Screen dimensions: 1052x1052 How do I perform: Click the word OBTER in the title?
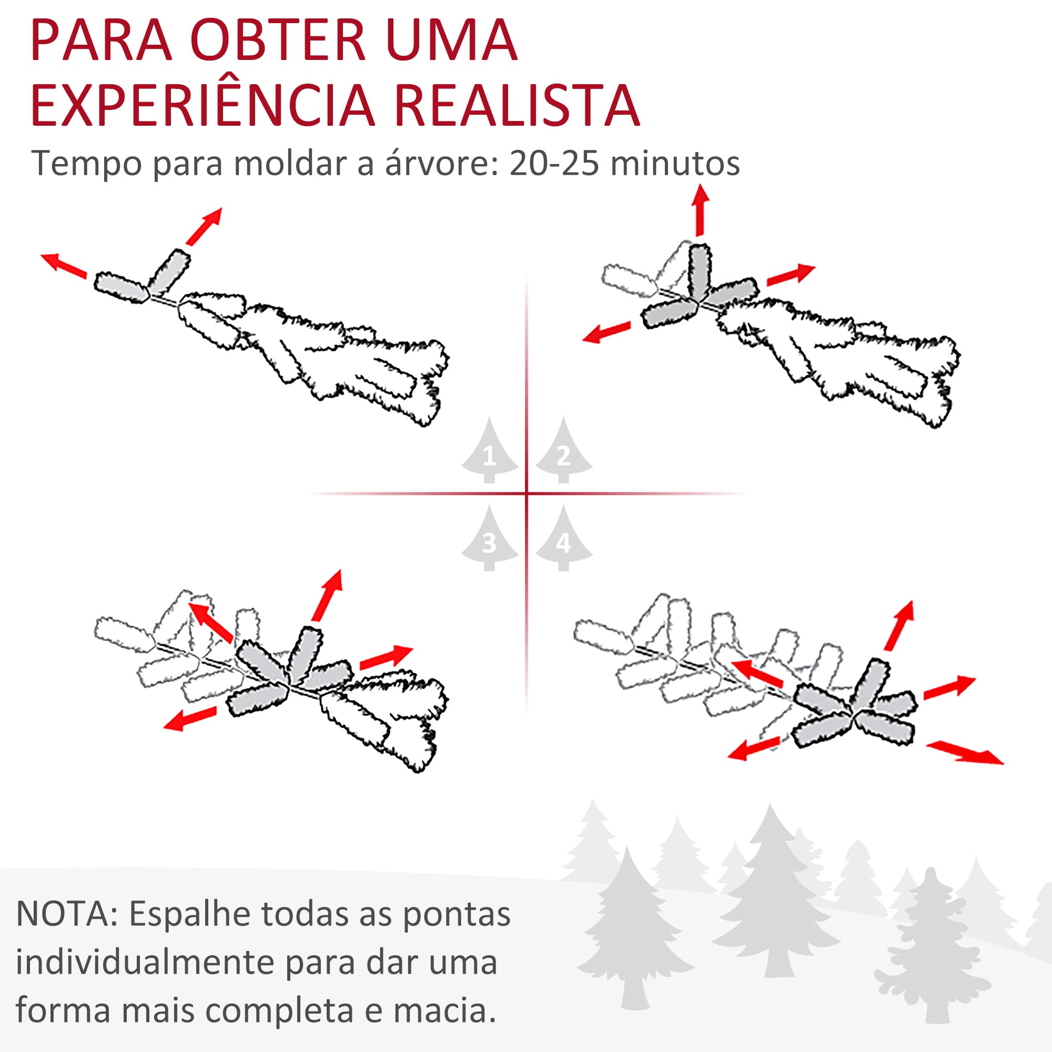pos(278,41)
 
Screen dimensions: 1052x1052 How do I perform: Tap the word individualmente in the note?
pos(144,962)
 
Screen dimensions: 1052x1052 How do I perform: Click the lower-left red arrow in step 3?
pos(190,719)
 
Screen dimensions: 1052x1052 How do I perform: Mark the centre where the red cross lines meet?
pos(527,494)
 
